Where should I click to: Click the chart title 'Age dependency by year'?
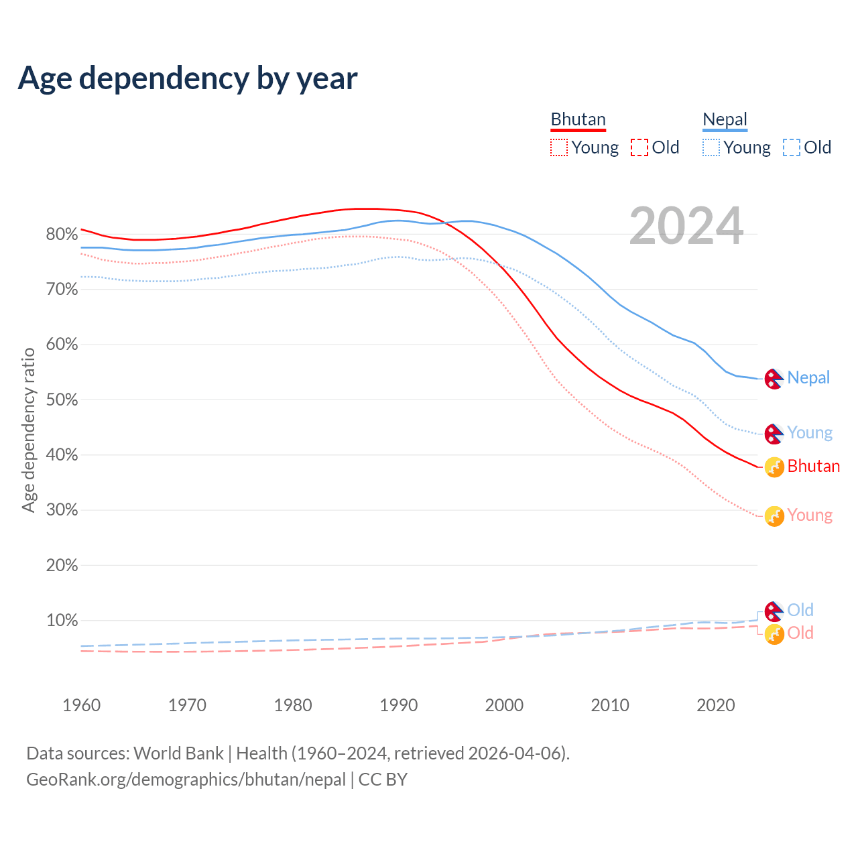[188, 78]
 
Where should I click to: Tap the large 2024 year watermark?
[686, 226]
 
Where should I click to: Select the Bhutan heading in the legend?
[578, 119]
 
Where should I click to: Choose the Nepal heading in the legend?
[725, 119]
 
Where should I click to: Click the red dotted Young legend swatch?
[558, 147]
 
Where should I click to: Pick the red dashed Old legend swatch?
[639, 147]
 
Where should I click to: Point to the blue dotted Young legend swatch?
[711, 147]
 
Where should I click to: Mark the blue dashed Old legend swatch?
[792, 147]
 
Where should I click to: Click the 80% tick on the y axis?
[62, 234]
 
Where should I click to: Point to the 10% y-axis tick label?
[62, 621]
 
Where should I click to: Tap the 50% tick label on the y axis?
[62, 400]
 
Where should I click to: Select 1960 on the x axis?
[81, 705]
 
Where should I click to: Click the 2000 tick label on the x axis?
[504, 705]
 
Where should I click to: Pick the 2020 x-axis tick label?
[716, 705]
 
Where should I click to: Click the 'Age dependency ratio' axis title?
[28, 430]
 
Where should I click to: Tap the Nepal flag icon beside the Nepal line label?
[774, 379]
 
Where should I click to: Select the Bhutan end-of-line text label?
[813, 466]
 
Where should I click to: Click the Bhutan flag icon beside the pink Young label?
[774, 516]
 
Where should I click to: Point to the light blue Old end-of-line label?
[800, 610]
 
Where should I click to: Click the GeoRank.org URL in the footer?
[186, 780]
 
